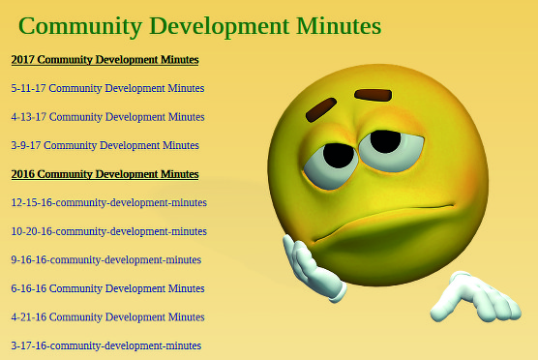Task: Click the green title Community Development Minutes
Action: click(x=199, y=27)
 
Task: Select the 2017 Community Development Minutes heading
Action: click(x=105, y=60)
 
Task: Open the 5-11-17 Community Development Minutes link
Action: click(x=107, y=88)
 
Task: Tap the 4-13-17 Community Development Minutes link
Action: click(x=107, y=117)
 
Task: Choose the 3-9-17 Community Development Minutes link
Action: click(x=105, y=145)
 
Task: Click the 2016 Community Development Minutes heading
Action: click(x=105, y=174)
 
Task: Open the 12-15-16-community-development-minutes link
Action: click(x=109, y=203)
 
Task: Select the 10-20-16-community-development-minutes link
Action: click(x=109, y=231)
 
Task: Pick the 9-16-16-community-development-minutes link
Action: click(x=106, y=260)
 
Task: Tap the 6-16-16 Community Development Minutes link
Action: click(x=107, y=288)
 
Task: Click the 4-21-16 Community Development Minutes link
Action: click(x=107, y=317)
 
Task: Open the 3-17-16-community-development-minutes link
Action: click(x=106, y=345)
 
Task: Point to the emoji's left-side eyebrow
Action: click(x=321, y=109)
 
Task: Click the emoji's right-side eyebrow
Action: click(x=373, y=95)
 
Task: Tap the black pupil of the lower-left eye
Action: click(x=339, y=156)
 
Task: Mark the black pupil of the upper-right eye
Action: click(x=385, y=141)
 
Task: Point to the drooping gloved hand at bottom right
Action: click(x=476, y=298)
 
